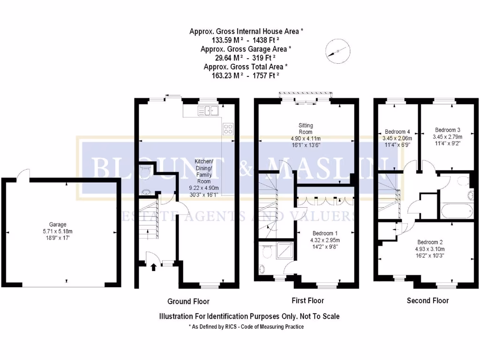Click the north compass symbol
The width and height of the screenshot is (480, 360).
[x=337, y=51]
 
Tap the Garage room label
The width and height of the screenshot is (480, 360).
[x=58, y=225]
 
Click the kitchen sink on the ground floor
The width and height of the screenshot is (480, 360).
[x=208, y=111]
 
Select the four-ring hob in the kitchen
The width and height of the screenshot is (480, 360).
[x=228, y=128]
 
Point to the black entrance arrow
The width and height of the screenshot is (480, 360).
[x=154, y=267]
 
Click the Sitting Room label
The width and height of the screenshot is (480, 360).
[x=306, y=128]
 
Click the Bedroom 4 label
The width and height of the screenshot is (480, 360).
[x=397, y=132]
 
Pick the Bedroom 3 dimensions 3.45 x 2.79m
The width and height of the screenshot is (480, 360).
[x=447, y=137]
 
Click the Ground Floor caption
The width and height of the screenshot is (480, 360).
[x=188, y=301]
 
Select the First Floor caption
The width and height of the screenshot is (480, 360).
[x=307, y=300]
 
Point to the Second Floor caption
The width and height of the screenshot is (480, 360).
[x=427, y=300]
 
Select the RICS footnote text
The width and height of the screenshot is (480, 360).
[x=246, y=327]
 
